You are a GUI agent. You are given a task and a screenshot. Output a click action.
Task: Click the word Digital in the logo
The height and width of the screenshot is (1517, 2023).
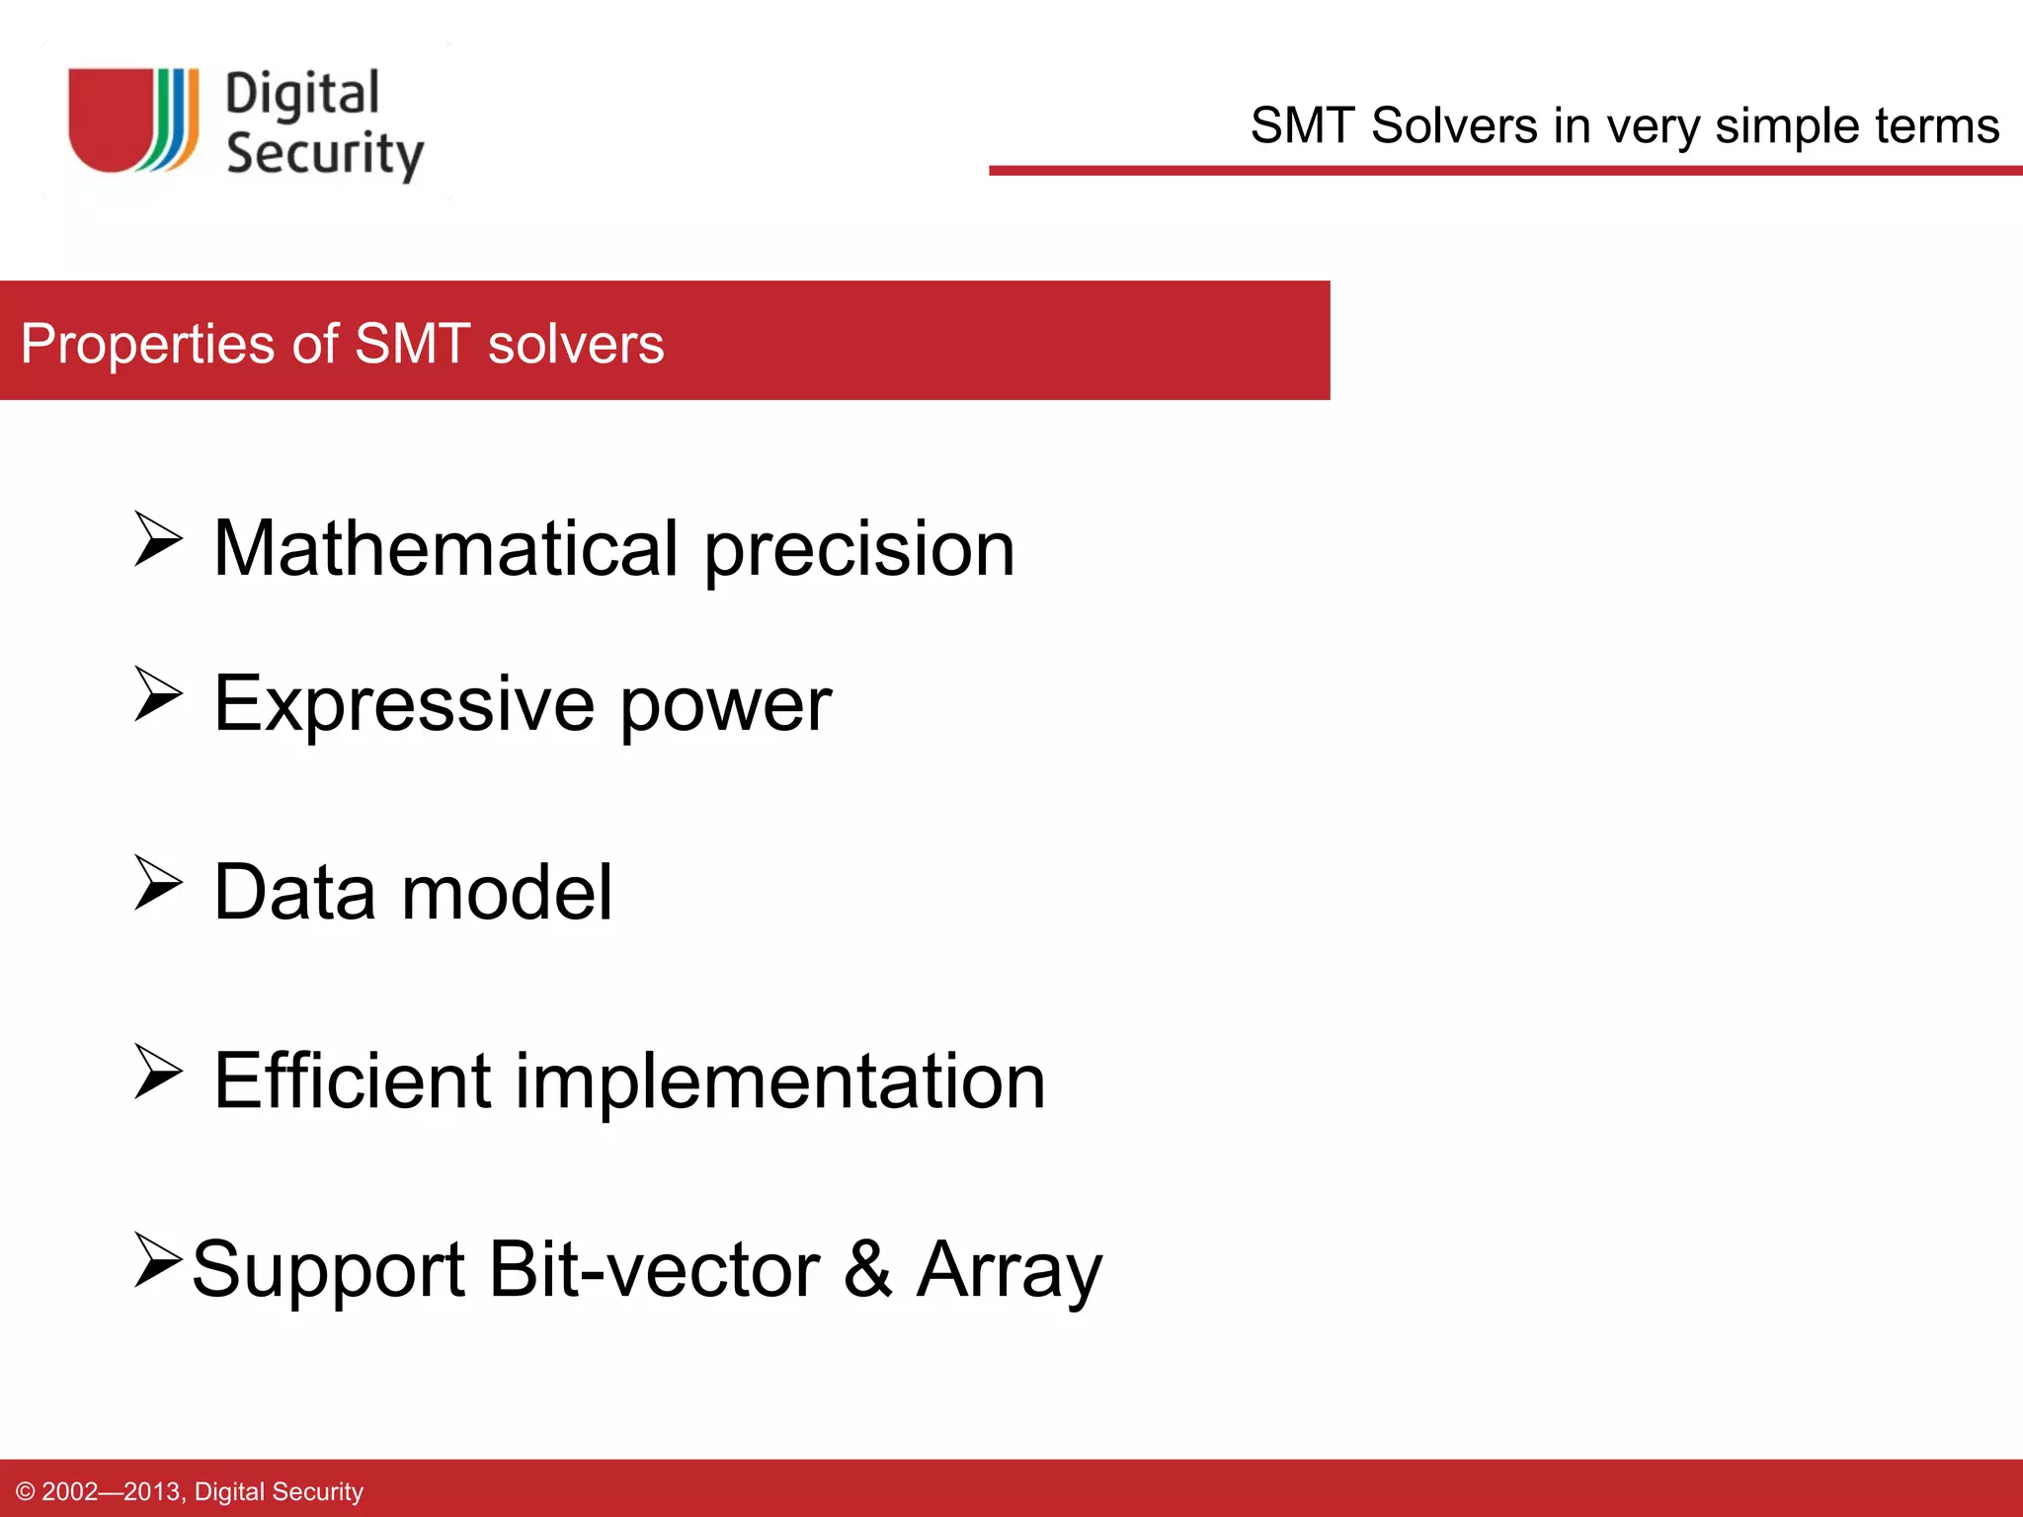302,95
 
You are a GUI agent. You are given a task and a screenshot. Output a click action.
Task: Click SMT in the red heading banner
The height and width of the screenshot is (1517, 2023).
411,344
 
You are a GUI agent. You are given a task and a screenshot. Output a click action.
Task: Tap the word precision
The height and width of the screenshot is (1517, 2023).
858,551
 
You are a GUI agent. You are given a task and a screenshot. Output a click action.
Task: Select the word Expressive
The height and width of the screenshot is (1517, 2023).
404,703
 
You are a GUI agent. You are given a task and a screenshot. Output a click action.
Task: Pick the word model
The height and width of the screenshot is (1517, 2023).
507,892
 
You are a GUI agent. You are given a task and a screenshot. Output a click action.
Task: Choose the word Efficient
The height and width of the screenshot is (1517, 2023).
352,1080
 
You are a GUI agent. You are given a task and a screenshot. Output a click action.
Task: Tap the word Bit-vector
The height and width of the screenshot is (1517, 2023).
654,1269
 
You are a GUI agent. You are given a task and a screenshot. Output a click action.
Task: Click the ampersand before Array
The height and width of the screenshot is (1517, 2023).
867,1269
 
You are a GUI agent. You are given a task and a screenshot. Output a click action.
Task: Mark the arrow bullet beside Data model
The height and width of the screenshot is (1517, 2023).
158,882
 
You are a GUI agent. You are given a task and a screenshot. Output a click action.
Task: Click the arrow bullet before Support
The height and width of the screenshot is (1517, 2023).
158,1260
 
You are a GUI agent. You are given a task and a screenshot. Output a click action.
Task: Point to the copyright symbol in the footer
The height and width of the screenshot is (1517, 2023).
26,1491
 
